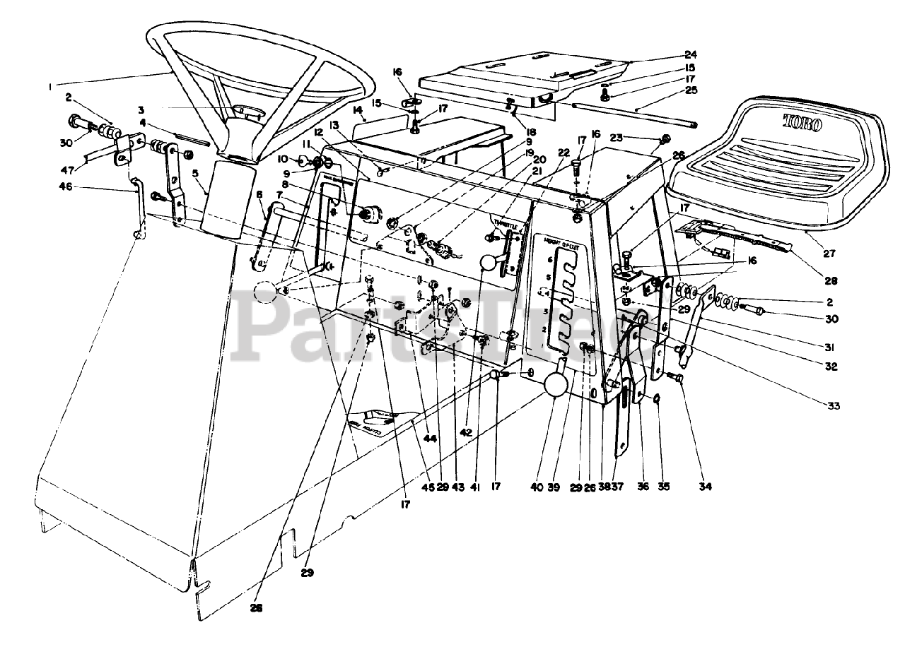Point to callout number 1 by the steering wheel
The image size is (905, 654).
click(50, 87)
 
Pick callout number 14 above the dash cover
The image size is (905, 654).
click(358, 109)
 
